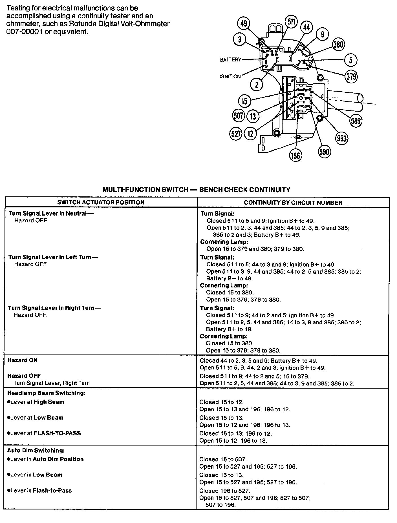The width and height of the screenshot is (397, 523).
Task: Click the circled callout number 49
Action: pyautogui.click(x=244, y=24)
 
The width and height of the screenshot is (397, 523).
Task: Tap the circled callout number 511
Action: pyautogui.click(x=291, y=22)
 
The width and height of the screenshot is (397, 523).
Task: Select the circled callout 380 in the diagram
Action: pyautogui.click(x=338, y=45)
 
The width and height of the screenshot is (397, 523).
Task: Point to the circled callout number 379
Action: pyautogui.click(x=351, y=76)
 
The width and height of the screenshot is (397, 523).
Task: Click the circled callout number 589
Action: pyautogui.click(x=356, y=121)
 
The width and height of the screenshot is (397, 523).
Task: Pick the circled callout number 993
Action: pyautogui.click(x=341, y=138)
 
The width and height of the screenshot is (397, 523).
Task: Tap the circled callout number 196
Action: pyautogui.click(x=295, y=155)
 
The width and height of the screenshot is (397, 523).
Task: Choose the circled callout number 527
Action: pyautogui.click(x=236, y=133)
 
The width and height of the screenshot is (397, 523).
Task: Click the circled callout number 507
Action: pyautogui.click(x=239, y=116)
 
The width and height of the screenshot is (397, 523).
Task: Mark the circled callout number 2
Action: pyautogui.click(x=257, y=85)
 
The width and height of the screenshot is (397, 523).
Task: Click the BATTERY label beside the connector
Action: pyautogui.click(x=230, y=60)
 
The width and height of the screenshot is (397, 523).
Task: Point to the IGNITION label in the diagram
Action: pyautogui.click(x=230, y=76)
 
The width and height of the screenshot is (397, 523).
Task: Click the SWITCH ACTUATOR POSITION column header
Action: pyautogui.click(x=101, y=202)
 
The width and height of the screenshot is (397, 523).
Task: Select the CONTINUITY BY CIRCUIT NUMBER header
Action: pyautogui.click(x=293, y=202)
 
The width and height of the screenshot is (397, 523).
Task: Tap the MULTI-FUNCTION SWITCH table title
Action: pyautogui.click(x=196, y=190)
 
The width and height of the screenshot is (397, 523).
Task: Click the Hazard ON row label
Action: pyautogui.click(x=22, y=360)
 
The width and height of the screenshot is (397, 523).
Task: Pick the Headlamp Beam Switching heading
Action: pyautogui.click(x=46, y=393)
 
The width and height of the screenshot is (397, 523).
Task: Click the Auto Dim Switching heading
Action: pyautogui.click(x=36, y=450)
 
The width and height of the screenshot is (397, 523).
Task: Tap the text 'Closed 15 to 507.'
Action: pyautogui.click(x=223, y=459)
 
